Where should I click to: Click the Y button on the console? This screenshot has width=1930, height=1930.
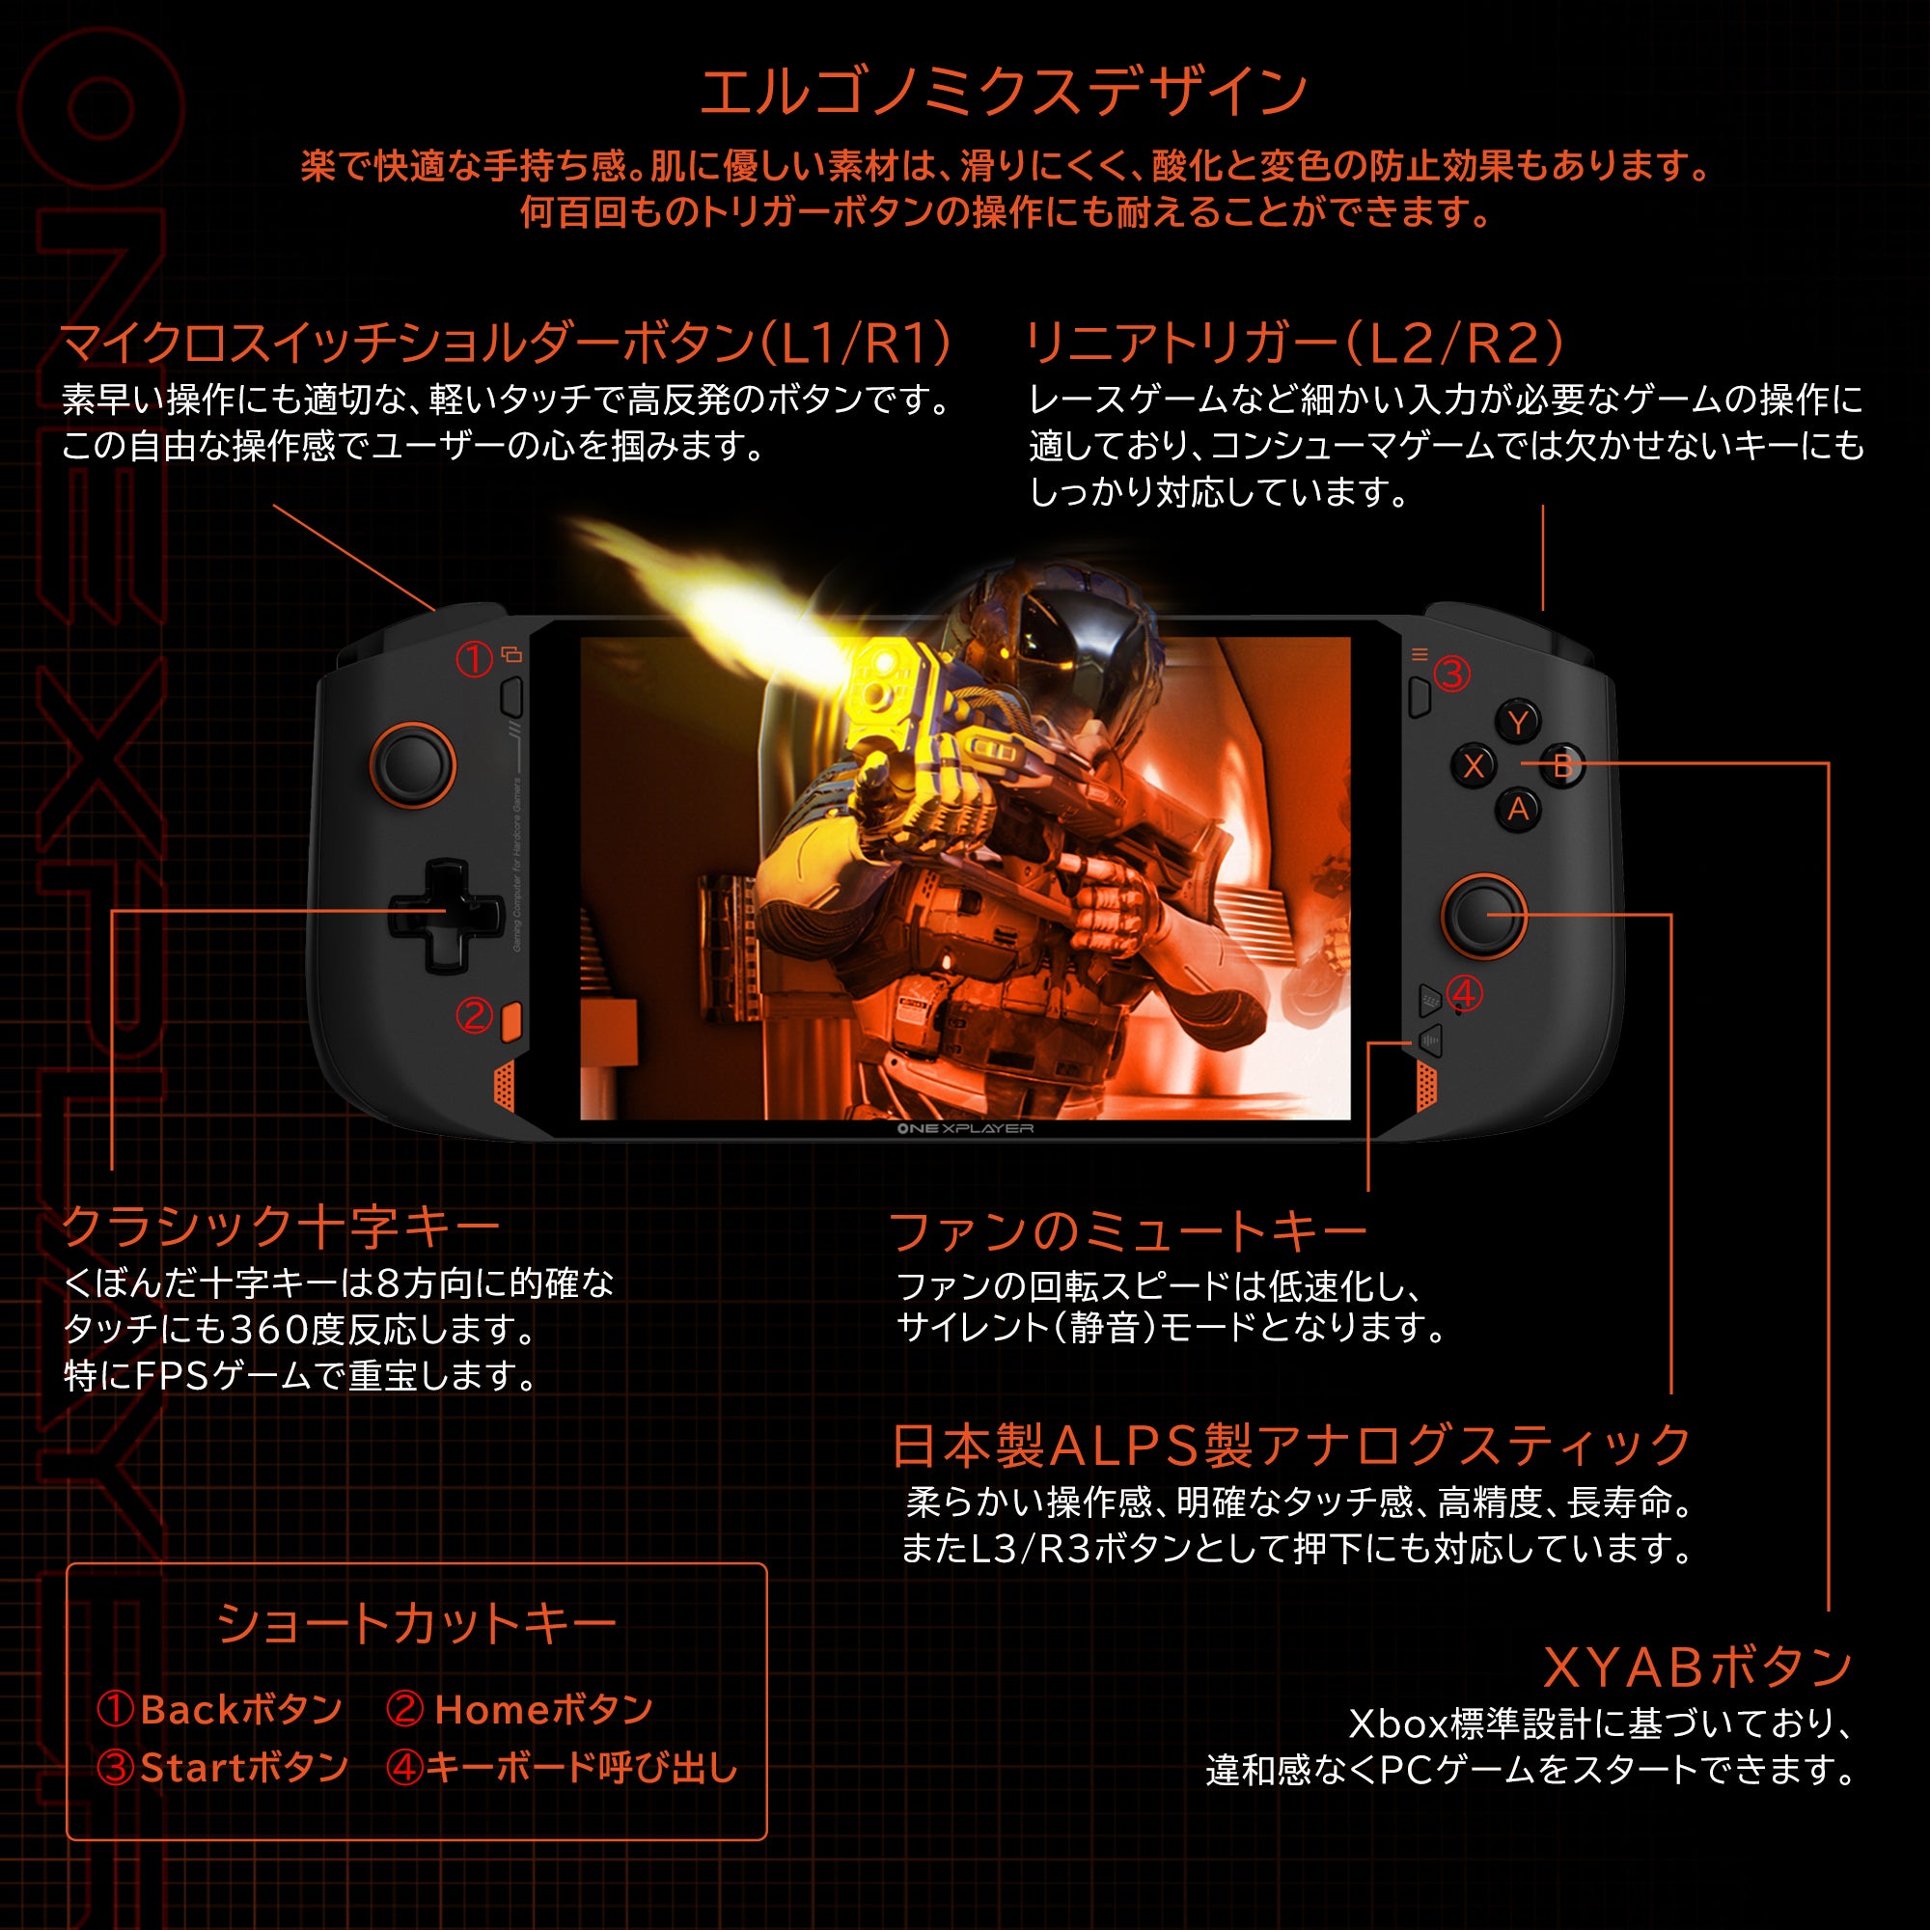(x=1517, y=722)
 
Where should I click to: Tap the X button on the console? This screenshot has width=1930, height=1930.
(x=1474, y=766)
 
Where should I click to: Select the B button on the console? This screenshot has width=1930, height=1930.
(x=1562, y=766)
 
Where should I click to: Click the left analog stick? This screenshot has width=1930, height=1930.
(x=413, y=765)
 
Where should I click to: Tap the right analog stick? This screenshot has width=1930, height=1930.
(x=1483, y=915)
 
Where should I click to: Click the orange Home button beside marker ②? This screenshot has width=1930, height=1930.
(x=511, y=1020)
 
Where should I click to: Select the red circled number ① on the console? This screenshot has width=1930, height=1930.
(x=475, y=658)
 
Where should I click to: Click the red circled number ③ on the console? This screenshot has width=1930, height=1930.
(x=1451, y=675)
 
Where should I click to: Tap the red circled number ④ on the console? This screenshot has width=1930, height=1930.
(x=1464, y=994)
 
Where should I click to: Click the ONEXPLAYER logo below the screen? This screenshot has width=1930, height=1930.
(x=964, y=1129)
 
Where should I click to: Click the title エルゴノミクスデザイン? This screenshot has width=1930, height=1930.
(x=1003, y=92)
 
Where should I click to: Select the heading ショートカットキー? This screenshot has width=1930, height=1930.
(x=417, y=1623)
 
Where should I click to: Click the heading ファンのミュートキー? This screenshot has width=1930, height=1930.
(x=1127, y=1230)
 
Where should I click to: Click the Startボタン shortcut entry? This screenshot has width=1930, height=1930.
(x=224, y=1768)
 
